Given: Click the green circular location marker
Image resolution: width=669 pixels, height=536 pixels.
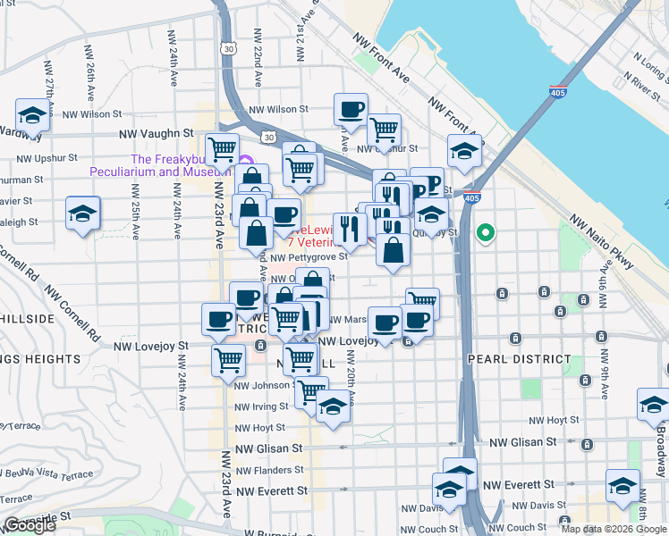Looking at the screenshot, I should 486,234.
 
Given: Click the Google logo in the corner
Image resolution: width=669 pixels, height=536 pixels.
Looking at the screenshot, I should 30,525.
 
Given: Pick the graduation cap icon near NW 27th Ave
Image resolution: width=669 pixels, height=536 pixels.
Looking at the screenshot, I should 32,116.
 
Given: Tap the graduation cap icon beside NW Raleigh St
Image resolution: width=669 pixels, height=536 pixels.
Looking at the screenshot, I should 82,214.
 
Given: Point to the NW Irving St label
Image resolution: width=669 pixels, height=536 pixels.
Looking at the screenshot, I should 259,406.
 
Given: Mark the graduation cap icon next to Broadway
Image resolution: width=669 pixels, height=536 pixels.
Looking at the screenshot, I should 653,405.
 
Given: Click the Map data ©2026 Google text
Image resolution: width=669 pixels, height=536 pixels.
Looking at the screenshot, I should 614,529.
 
